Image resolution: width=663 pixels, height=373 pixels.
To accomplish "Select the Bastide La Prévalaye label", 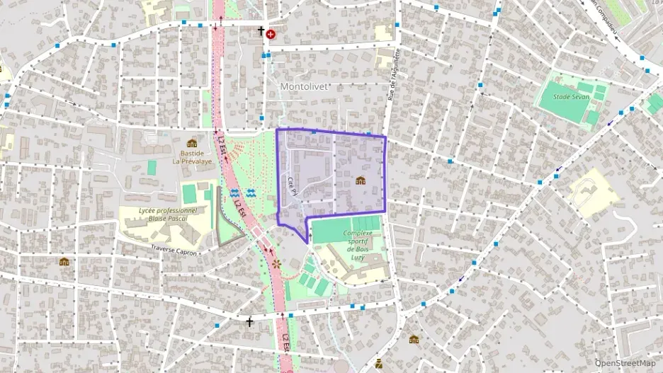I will pos(192,156).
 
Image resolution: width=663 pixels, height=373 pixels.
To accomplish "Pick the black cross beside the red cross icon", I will pos(261,32).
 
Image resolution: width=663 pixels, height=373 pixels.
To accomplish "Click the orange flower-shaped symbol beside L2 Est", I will pos(276,264).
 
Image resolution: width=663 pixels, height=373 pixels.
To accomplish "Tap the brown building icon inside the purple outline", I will pos(361,181).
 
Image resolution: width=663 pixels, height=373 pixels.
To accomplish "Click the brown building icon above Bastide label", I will pos(192,143).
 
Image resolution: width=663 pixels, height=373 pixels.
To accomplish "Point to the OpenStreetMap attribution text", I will pos(625,363).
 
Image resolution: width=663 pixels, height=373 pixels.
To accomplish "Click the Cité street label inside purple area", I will pos(291,185).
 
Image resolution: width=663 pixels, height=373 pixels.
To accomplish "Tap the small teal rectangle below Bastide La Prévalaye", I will pos(152,167).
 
